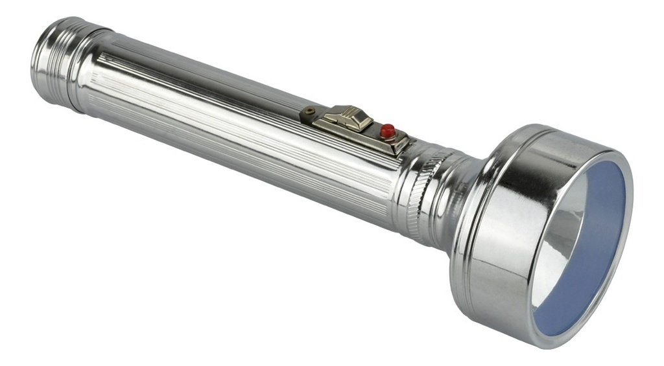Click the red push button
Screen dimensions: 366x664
[388, 130]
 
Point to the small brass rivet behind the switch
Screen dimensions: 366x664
[311, 111]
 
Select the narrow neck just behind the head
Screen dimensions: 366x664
[454, 201]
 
